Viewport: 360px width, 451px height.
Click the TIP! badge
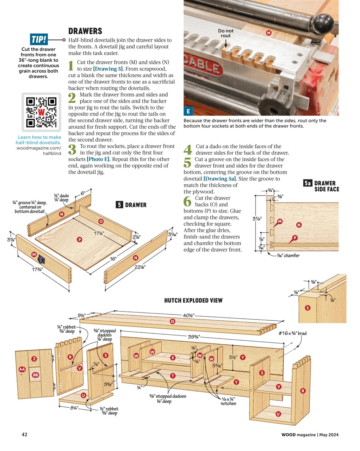[x=39, y=39]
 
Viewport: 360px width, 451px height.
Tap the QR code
[x=41, y=112]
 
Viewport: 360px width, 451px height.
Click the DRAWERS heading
[x=85, y=31]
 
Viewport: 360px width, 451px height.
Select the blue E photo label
[x=188, y=111]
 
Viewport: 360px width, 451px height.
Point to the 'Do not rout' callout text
[x=226, y=33]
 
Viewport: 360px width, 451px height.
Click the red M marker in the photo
[x=268, y=33]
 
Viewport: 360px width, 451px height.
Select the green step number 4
[x=188, y=149]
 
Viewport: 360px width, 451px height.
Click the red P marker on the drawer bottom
[x=79, y=240]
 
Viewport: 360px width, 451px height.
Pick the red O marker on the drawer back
[x=101, y=221]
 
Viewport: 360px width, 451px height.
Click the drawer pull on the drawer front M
[x=42, y=260]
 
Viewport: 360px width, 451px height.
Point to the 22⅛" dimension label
[x=140, y=267]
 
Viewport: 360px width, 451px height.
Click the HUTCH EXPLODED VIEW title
[x=193, y=301]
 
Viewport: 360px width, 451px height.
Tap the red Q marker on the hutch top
[x=172, y=321]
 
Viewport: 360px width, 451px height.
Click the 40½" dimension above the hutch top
[x=188, y=315]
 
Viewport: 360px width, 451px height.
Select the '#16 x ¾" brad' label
[x=292, y=333]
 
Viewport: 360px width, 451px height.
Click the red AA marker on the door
[x=22, y=369]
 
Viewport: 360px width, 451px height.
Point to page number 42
[x=24, y=434]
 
